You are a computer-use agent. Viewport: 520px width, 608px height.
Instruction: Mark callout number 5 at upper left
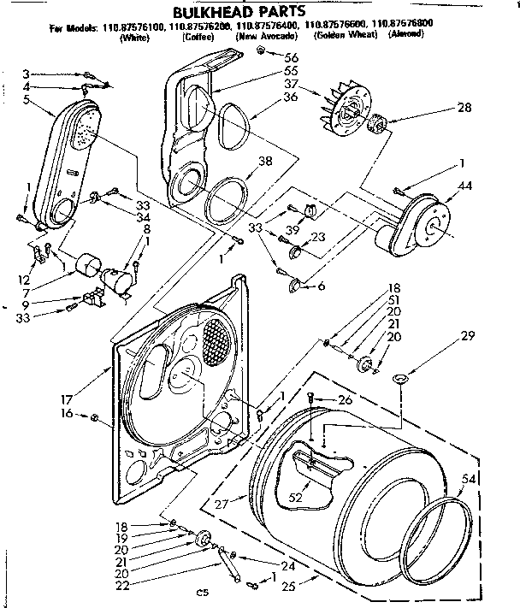(27, 99)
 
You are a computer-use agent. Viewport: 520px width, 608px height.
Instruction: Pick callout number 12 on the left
(25, 280)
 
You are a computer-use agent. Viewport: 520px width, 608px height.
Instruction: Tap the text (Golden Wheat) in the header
(346, 38)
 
